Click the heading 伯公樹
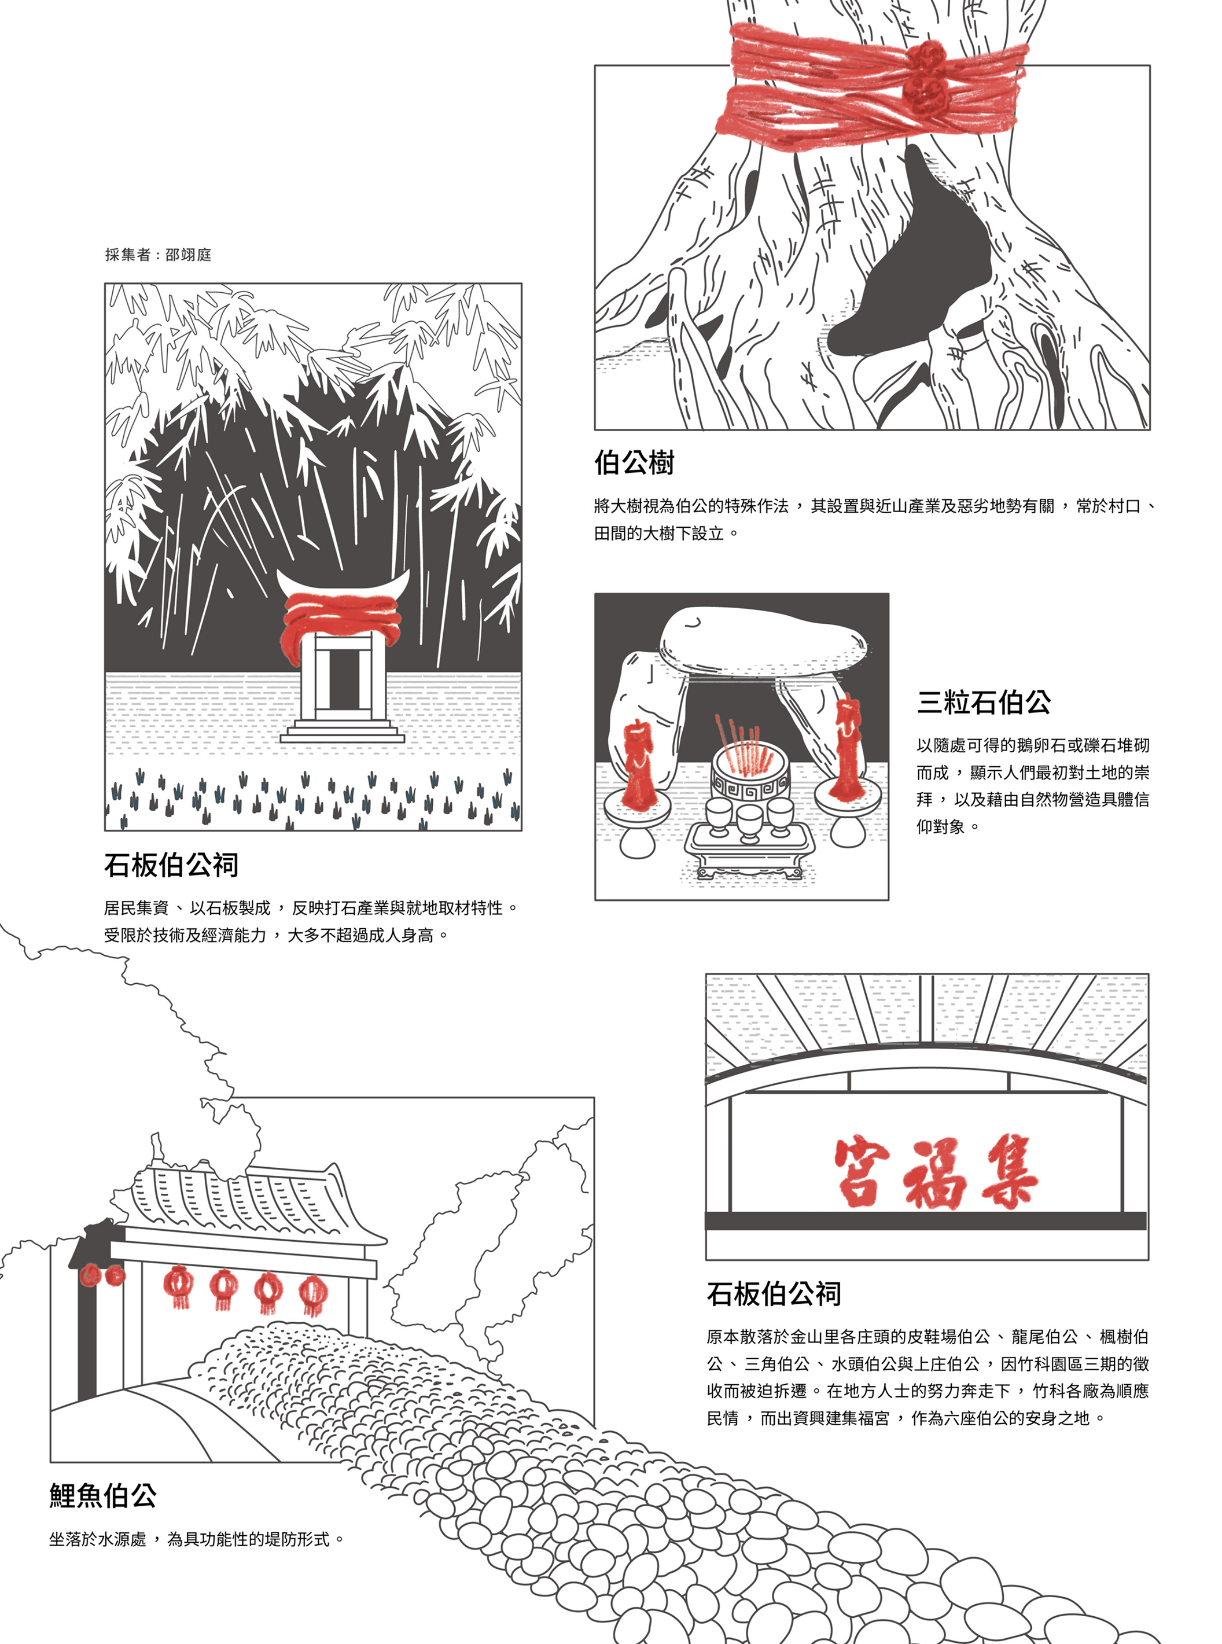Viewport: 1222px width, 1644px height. (634, 463)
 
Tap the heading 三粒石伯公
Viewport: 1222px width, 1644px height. (983, 702)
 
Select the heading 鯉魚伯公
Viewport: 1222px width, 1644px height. (103, 1495)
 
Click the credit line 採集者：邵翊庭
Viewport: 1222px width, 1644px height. (159, 255)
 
